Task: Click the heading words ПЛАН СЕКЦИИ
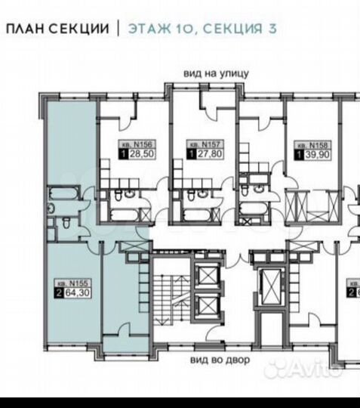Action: [x=57, y=29]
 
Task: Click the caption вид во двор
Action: [x=219, y=360]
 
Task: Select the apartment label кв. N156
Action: [x=134, y=144]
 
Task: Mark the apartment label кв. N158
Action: [x=309, y=144]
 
